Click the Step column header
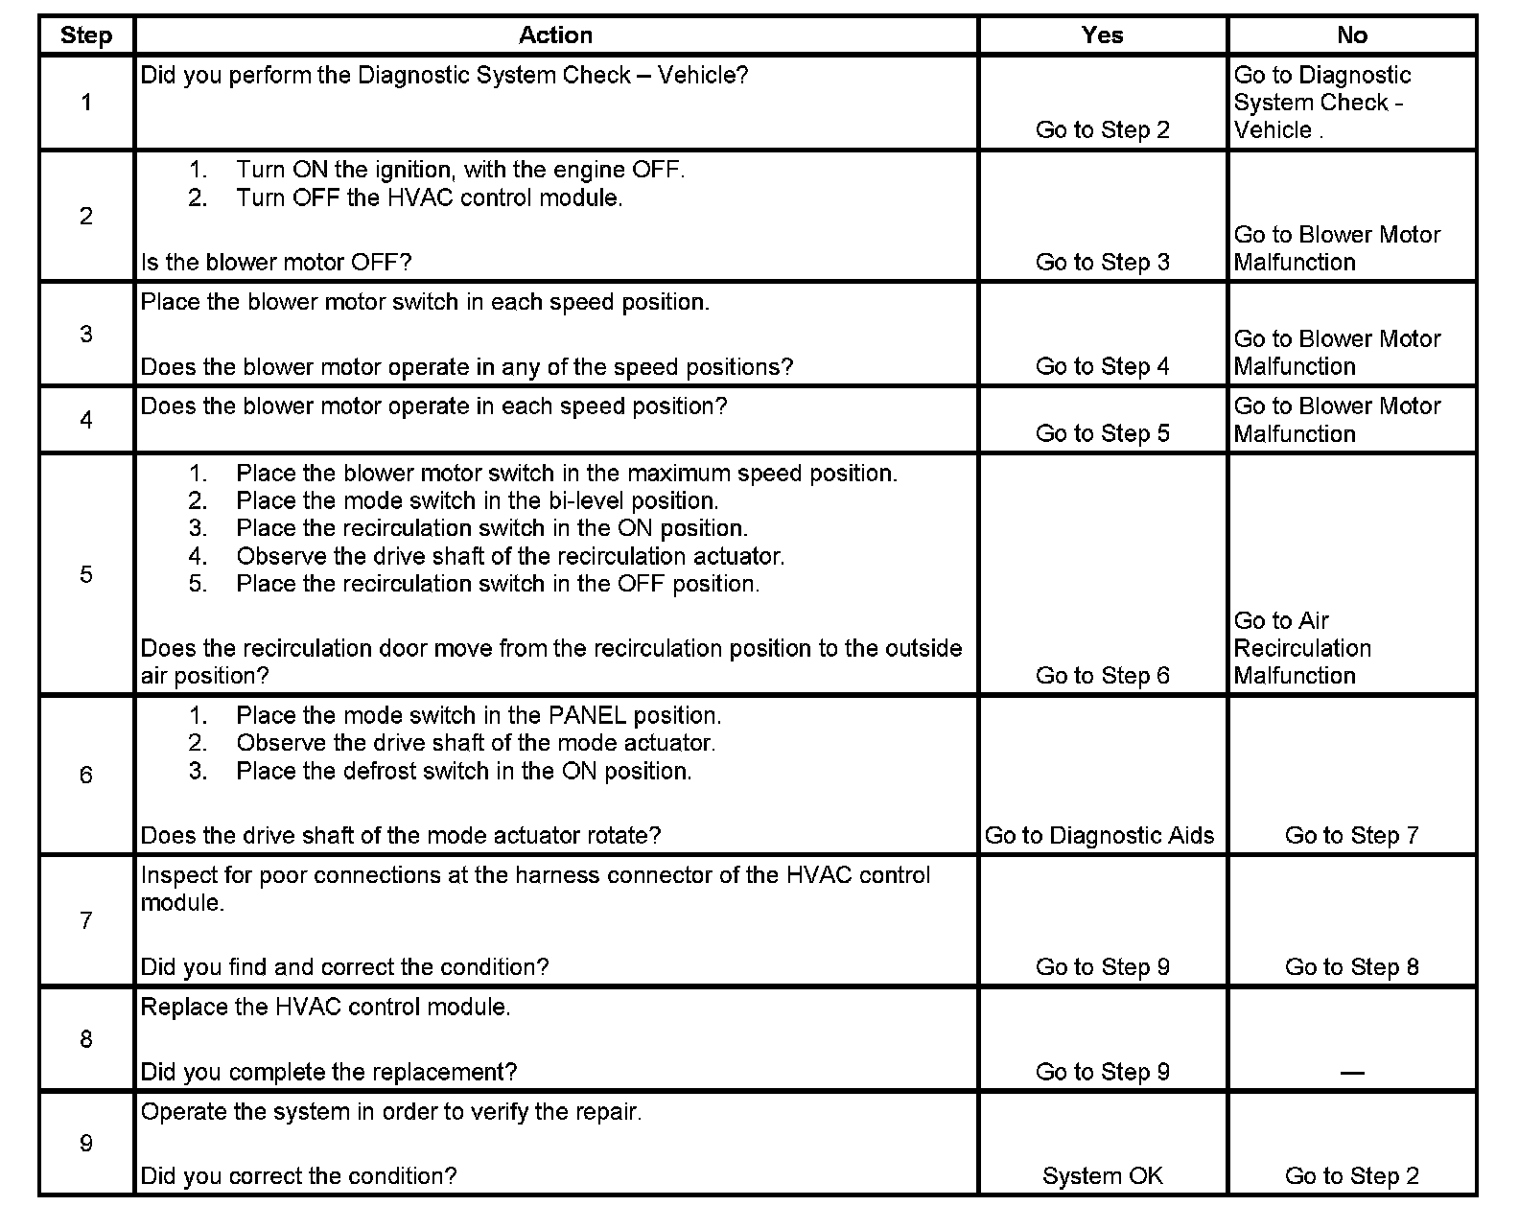tap(85, 35)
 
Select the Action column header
tap(555, 35)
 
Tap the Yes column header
tap(1102, 35)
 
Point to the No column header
tap(1351, 35)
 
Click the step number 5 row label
tap(86, 574)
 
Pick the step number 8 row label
tap(86, 1039)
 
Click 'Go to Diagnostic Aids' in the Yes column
tap(1099, 836)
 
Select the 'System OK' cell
tap(1102, 1176)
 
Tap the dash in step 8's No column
tap(1351, 1073)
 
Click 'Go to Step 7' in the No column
tap(1351, 836)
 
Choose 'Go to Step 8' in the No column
tap(1351, 967)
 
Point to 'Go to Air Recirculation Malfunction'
tap(1301, 648)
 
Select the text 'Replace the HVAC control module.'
tap(325, 1008)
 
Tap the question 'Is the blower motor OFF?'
tap(276, 263)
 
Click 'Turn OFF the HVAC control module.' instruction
tap(429, 198)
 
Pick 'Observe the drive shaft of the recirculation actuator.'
tap(510, 557)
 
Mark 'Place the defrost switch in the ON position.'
tap(463, 772)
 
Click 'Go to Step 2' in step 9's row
tap(1351, 1176)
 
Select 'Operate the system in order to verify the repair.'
tap(390, 1112)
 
